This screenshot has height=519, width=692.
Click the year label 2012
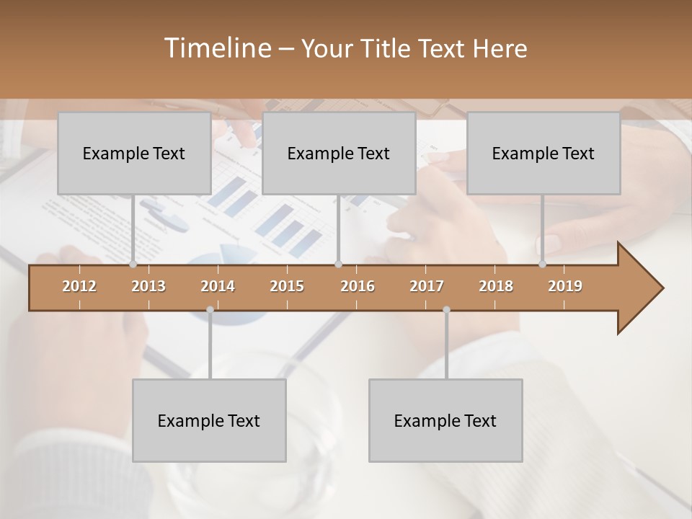[79, 286]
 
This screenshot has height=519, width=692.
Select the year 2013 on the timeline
[148, 286]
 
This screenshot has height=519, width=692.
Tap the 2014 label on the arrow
[218, 286]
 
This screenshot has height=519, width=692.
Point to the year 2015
[287, 286]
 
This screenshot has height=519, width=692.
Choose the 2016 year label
[358, 286]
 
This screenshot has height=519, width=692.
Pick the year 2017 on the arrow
[427, 286]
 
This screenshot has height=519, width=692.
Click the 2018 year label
[496, 286]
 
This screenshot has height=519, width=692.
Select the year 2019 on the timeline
[565, 286]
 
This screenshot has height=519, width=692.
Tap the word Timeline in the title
[216, 48]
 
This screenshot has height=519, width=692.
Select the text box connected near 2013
[134, 153]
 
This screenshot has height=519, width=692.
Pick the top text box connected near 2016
[339, 153]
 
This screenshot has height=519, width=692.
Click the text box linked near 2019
[544, 153]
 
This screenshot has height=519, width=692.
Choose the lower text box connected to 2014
[209, 420]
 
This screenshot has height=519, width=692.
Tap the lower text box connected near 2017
[445, 420]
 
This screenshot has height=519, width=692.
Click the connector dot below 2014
[210, 310]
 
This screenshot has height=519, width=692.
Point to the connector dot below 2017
[446, 310]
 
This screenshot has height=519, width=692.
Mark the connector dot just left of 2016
[339, 265]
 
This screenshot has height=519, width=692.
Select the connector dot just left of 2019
[543, 265]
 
